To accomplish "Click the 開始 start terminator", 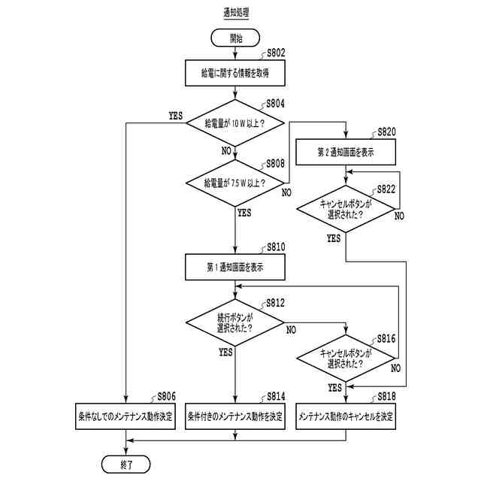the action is pyautogui.click(x=235, y=38).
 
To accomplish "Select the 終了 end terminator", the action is pyautogui.click(x=126, y=464).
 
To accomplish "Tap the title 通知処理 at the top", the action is pyautogui.click(x=236, y=13).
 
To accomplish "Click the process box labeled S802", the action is pyautogui.click(x=235, y=73).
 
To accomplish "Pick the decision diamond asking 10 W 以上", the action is pyautogui.click(x=235, y=123).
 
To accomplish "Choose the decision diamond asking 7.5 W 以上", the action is pyautogui.click(x=235, y=183).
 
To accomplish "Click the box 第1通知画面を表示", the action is pyautogui.click(x=235, y=267).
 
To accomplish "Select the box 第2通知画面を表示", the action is pyautogui.click(x=346, y=152).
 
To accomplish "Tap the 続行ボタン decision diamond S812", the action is pyautogui.click(x=235, y=322).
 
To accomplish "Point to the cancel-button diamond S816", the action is pyautogui.click(x=346, y=358).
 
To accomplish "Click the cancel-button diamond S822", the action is pyautogui.click(x=346, y=209).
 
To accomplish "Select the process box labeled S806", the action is pyautogui.click(x=126, y=416).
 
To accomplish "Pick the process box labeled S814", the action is pyautogui.click(x=235, y=416).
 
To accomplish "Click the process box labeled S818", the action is pyautogui.click(x=346, y=416).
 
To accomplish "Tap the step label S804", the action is pyautogui.click(x=276, y=104).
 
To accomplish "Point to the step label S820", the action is pyautogui.click(x=386, y=132).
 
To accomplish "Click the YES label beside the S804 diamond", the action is pyautogui.click(x=175, y=116).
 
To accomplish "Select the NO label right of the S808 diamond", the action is pyautogui.click(x=286, y=192).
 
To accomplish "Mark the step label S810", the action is pyautogui.click(x=276, y=247).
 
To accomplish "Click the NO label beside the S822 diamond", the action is pyautogui.click(x=399, y=216).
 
